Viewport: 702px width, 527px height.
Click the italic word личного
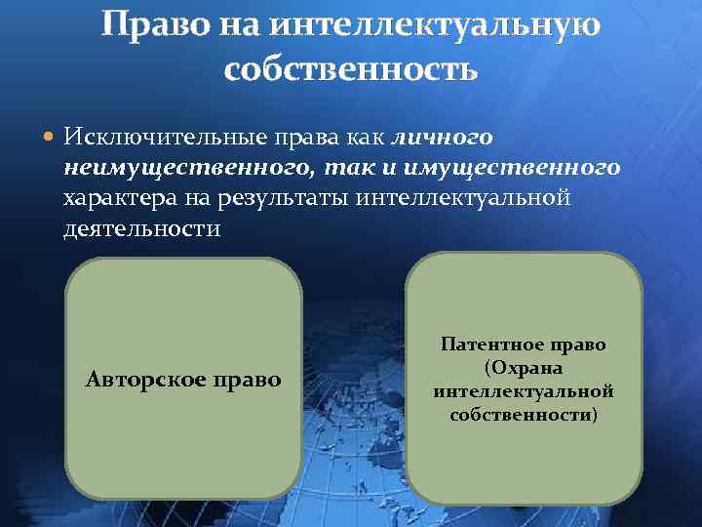(x=442, y=137)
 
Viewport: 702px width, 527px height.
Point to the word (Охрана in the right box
(x=525, y=368)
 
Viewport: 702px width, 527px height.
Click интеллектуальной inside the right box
(x=524, y=391)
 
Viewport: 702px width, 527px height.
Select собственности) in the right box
(x=524, y=415)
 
